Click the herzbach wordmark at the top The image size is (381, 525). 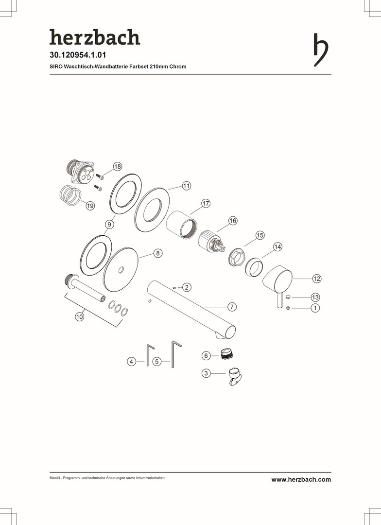coord(95,37)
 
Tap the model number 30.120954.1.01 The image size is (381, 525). coord(78,55)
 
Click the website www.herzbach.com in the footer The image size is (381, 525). coord(301,479)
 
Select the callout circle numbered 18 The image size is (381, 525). coord(118,166)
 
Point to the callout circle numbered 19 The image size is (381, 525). coord(90,206)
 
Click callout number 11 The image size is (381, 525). coord(187,186)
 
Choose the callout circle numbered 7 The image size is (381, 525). coord(232,307)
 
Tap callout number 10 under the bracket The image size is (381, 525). coord(79,317)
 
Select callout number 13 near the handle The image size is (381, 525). coord(315,297)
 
